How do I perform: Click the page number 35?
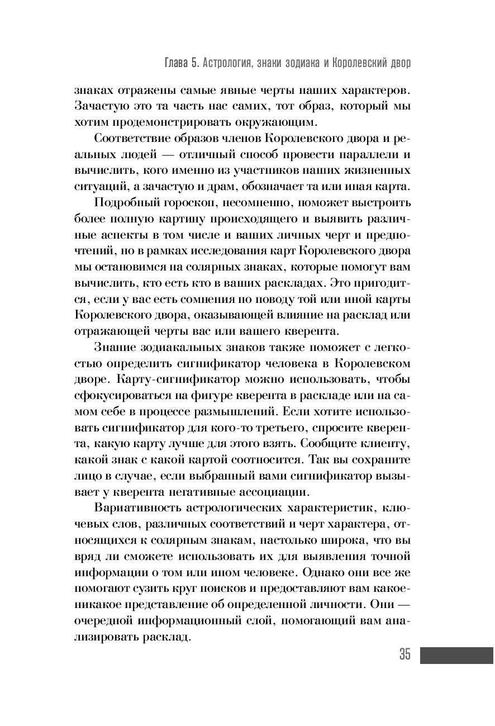pos(404,654)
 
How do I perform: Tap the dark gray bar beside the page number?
pos(456,655)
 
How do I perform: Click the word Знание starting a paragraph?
pos(115,347)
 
